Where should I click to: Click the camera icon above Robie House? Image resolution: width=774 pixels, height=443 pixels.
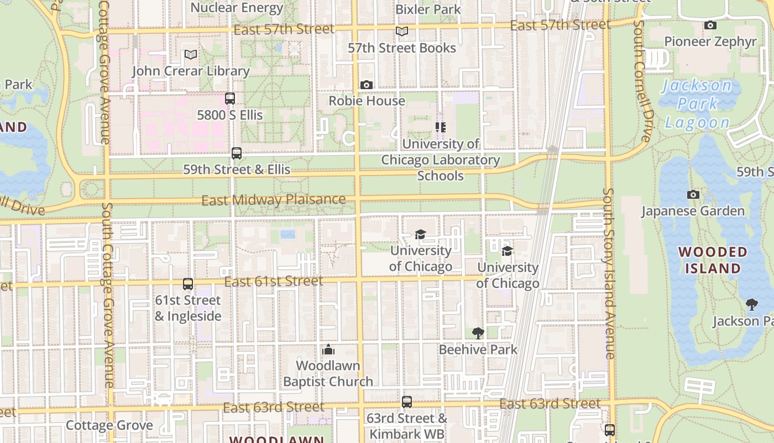coord(366,85)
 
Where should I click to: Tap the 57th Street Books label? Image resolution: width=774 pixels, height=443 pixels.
coord(402,48)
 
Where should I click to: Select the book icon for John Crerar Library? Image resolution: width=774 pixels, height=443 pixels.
coord(191,54)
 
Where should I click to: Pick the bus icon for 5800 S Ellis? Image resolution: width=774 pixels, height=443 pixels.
coord(230,99)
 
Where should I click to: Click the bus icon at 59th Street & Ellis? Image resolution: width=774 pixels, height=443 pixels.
coord(237,153)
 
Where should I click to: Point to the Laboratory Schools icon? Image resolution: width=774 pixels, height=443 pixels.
coord(440,127)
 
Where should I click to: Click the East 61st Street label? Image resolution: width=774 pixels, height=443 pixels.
coord(274,281)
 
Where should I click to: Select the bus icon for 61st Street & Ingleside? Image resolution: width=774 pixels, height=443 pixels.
coord(188,284)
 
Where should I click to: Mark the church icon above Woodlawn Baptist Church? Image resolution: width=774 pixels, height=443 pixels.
coord(328,349)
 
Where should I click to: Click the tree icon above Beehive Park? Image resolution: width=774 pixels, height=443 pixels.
coord(478,333)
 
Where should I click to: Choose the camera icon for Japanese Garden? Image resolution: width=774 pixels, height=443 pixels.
coord(693,194)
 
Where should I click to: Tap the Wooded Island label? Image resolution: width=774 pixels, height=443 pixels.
coord(713,260)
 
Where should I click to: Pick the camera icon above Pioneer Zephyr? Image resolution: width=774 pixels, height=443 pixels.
coord(710,25)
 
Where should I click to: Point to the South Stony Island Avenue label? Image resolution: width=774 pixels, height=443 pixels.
coord(609,274)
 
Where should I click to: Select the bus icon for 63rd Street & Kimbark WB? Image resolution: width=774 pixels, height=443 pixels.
coord(407,402)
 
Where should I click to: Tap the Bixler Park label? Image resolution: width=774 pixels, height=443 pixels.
coord(428,9)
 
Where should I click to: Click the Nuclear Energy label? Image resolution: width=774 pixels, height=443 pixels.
coord(237,8)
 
